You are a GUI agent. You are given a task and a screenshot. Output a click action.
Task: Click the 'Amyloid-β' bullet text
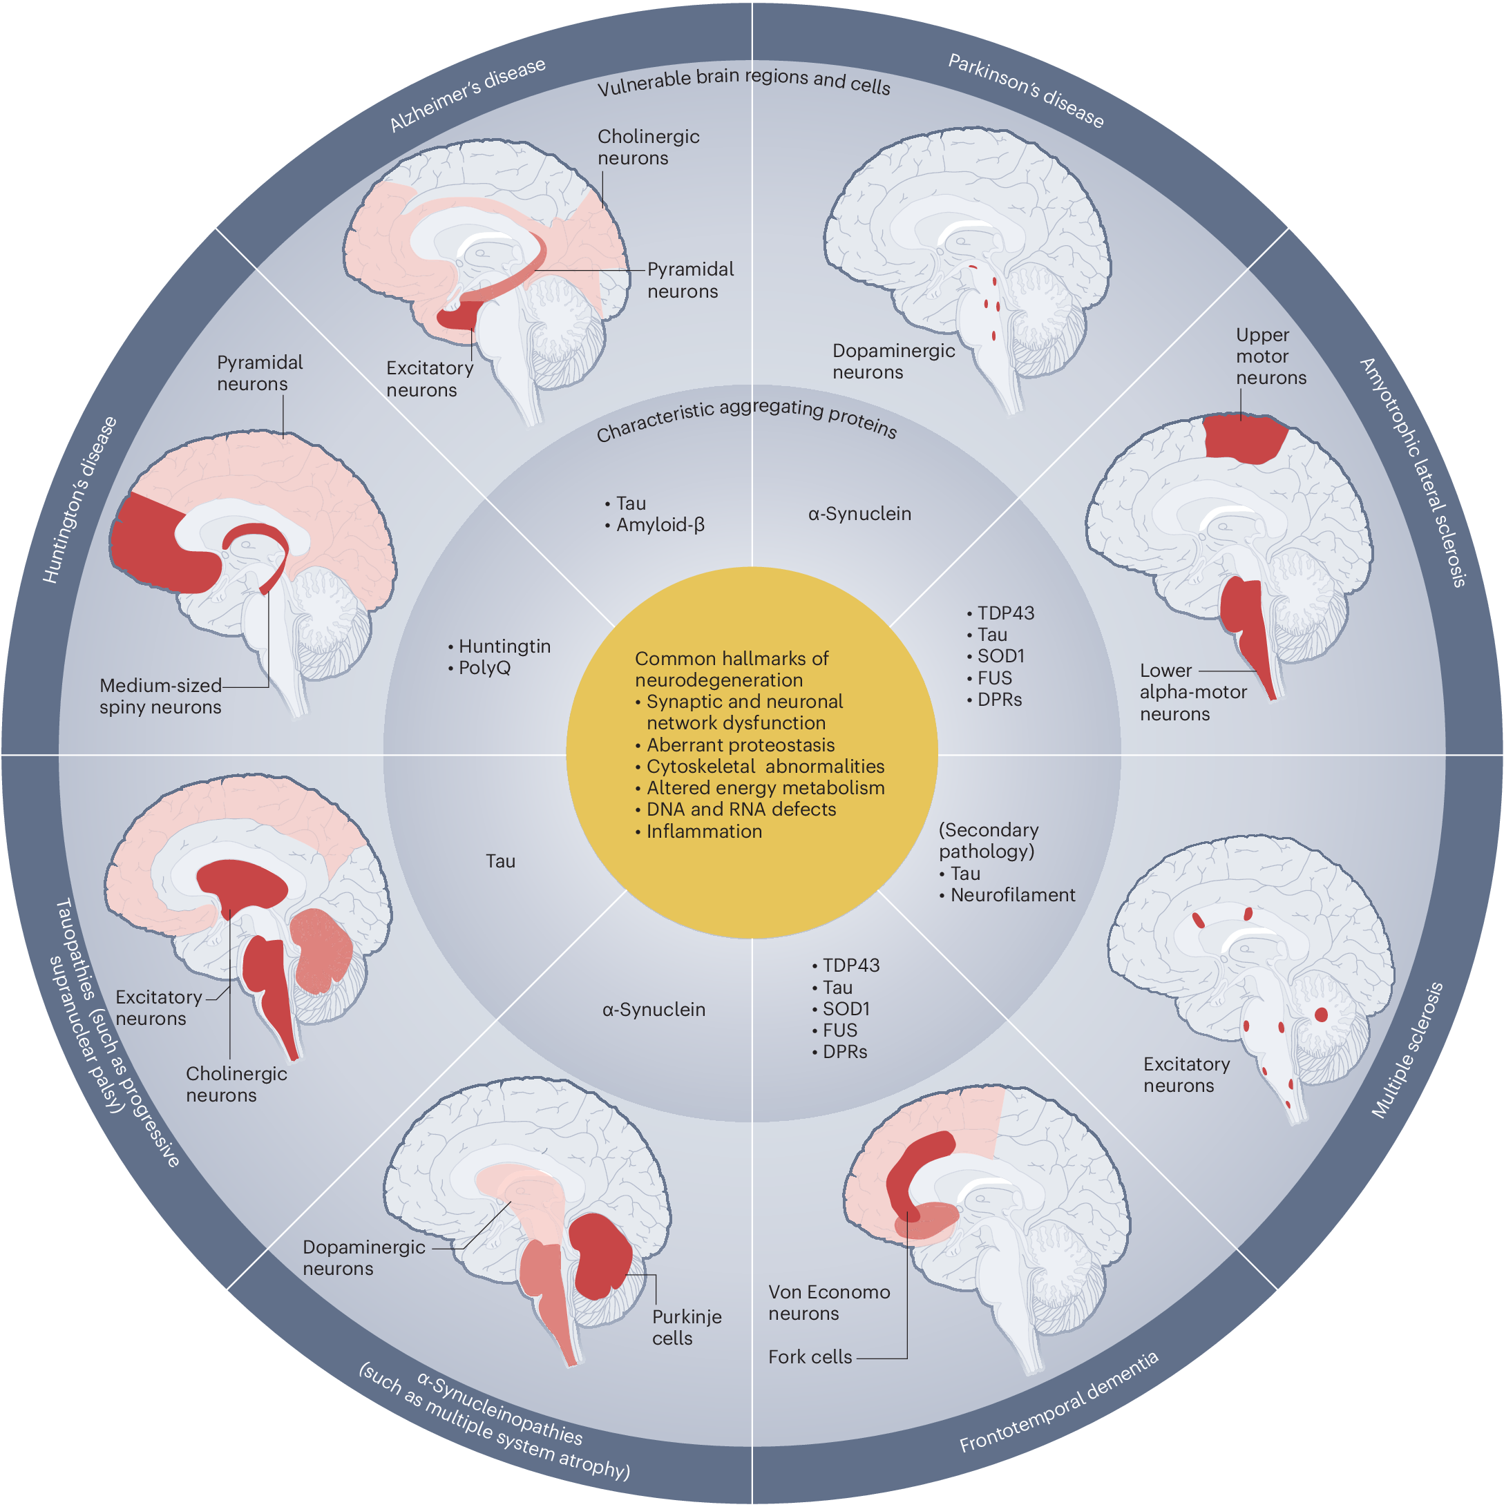(660, 525)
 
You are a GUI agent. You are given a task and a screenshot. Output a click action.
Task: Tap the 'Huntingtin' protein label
(504, 646)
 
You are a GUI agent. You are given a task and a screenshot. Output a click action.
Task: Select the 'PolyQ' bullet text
(484, 669)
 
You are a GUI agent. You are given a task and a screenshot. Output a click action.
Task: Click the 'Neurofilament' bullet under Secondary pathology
(1013, 896)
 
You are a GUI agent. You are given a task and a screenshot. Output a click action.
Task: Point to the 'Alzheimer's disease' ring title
(467, 95)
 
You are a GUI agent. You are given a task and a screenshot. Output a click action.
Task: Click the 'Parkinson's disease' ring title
(1026, 91)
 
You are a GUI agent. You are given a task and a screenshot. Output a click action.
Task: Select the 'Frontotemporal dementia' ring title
(1058, 1403)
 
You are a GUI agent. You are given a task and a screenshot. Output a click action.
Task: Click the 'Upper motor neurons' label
(1270, 356)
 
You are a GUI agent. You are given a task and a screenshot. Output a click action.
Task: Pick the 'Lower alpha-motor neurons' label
(1192, 693)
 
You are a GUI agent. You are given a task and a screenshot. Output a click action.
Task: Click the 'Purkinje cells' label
(687, 1327)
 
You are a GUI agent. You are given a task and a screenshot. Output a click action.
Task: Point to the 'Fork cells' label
(810, 1357)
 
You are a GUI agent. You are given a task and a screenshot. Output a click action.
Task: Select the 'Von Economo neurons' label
(828, 1303)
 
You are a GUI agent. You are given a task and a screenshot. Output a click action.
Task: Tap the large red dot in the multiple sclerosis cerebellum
(1322, 1015)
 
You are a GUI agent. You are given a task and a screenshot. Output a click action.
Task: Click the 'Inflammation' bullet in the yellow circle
(703, 832)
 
